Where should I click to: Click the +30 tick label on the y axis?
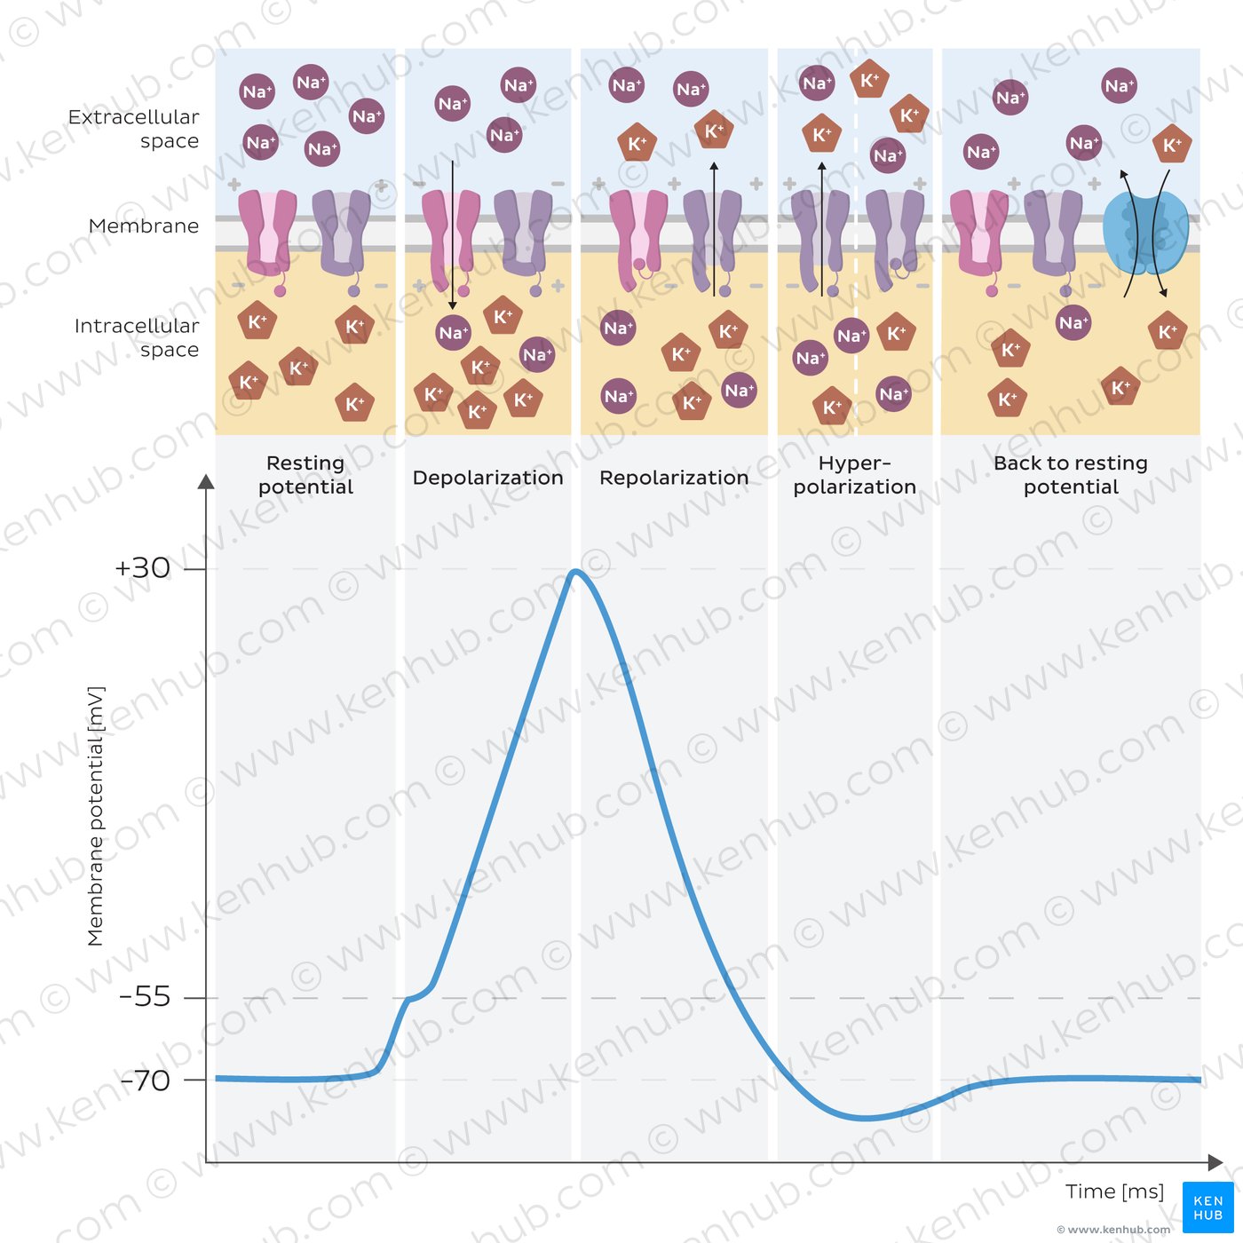pos(142,568)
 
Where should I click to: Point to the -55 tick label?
pos(145,997)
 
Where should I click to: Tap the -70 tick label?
pos(145,1081)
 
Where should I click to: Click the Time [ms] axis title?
pos(1114,1192)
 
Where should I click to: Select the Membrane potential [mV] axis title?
pos(96,816)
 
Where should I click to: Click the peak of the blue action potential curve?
pos(576,572)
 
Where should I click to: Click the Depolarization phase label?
pos(487,478)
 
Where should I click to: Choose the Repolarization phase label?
pos(674,478)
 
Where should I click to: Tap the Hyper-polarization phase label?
pos(854,475)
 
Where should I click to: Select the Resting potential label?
pos(305,475)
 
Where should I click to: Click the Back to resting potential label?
pos(1071,475)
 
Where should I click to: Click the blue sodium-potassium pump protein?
pos(1144,233)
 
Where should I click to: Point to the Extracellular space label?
pos(134,129)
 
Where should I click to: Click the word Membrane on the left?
pos(144,226)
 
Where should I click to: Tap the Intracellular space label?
pos(137,337)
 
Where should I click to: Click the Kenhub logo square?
pos(1207,1207)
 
